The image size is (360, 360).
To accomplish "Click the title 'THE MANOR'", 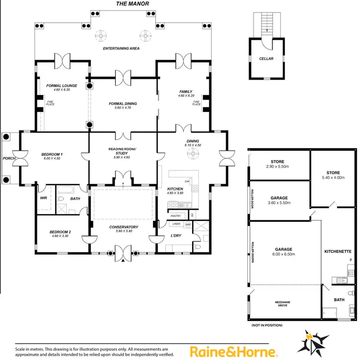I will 133,4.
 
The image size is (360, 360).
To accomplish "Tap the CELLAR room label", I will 266,59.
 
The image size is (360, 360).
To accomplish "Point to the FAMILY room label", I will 185,92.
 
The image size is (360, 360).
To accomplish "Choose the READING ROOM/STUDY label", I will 123,151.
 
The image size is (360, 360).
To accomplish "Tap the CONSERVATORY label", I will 123,227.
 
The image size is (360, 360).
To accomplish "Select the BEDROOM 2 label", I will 60,232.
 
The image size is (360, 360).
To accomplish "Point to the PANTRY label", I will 176,216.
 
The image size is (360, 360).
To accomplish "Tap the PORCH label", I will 8,158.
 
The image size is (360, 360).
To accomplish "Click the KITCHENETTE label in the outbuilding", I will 338,251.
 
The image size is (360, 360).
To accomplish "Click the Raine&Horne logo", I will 234,351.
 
